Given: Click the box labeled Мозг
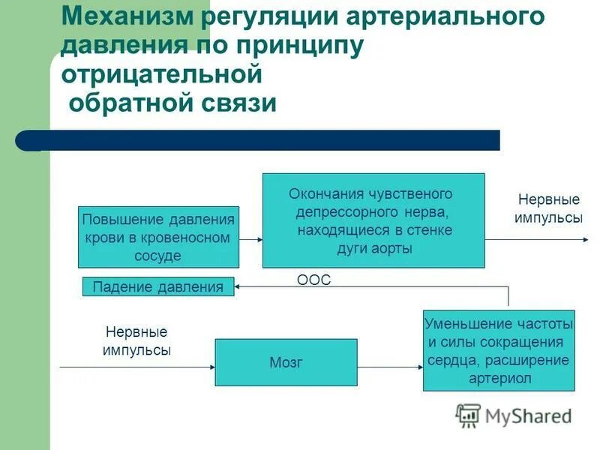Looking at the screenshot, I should (x=286, y=362).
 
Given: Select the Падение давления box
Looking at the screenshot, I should (x=157, y=286).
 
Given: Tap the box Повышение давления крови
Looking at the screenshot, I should (x=158, y=237).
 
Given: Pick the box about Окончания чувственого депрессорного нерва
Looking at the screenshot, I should (x=373, y=220).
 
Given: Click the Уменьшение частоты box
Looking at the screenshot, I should (x=499, y=350).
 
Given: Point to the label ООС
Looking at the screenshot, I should (x=313, y=280).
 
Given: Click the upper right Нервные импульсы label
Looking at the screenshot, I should (x=548, y=208).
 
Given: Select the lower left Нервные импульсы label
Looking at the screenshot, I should (x=136, y=340).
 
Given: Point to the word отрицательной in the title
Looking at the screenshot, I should (x=160, y=74).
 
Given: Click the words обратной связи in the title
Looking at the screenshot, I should (x=172, y=103).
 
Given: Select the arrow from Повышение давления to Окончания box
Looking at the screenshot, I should (x=250, y=240).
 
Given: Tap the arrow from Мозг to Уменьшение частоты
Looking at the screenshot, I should (x=390, y=367).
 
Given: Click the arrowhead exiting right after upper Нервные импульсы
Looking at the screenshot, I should (x=586, y=240).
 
